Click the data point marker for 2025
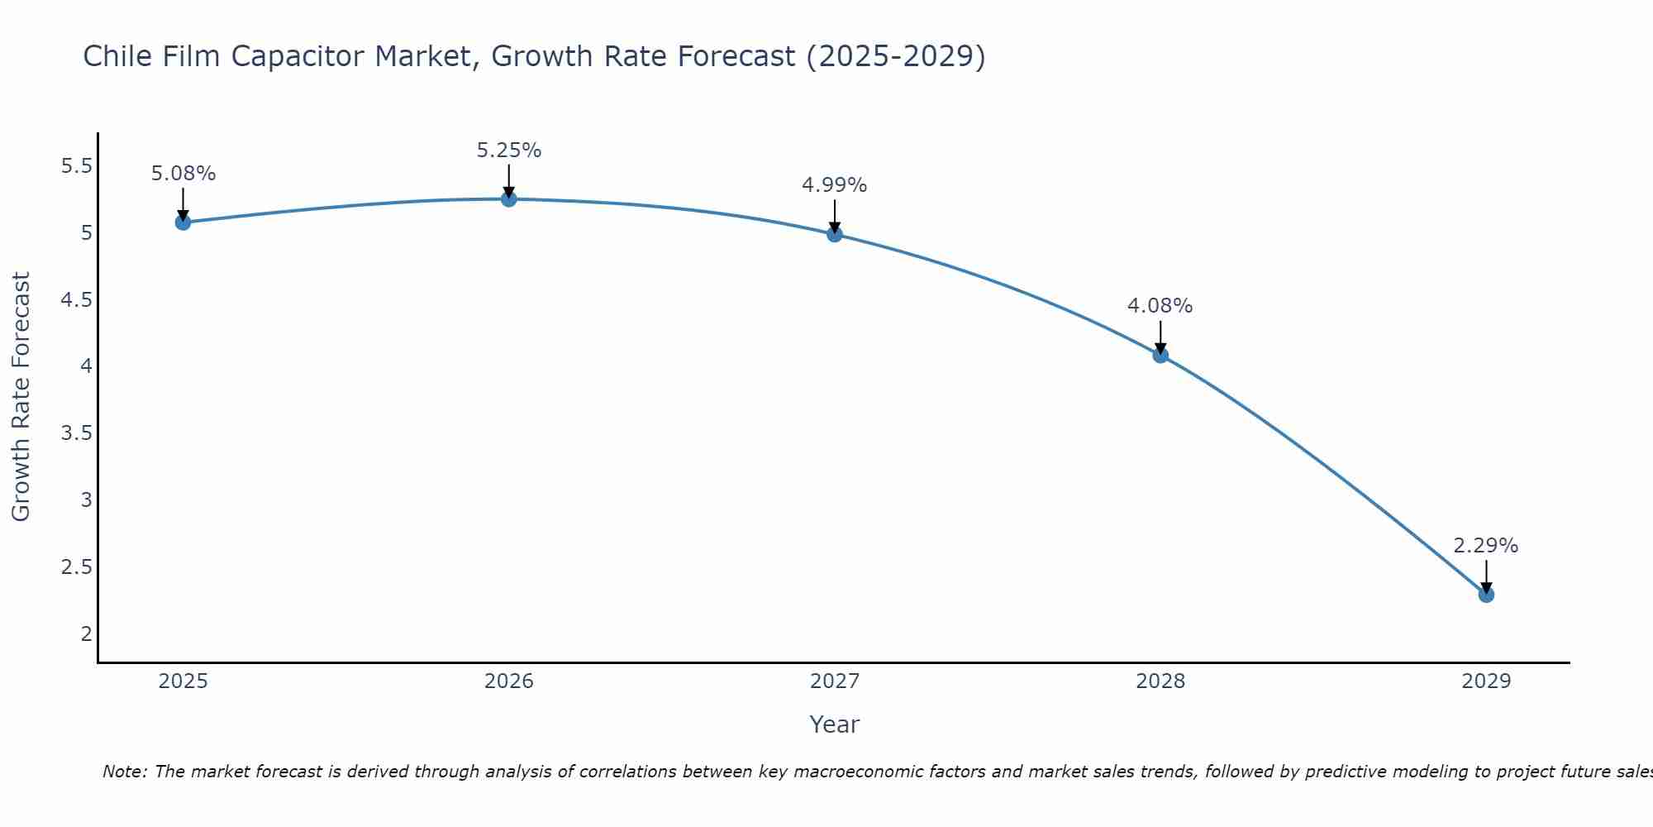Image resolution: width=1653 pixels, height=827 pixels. coord(183,222)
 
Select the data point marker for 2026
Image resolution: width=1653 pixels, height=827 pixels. coord(508,199)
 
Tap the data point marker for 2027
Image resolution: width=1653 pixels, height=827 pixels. coord(834,234)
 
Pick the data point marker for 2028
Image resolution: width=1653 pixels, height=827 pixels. coord(1160,356)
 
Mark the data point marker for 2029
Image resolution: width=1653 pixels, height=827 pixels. coord(1485,595)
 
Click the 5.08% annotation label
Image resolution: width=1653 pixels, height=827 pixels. coord(183,174)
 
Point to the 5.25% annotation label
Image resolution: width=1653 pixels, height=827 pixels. coord(508,151)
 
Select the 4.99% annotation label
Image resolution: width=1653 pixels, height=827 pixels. coord(834,185)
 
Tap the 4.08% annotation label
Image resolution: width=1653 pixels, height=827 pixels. coord(1160,306)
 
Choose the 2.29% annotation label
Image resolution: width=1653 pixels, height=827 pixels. coord(1485,546)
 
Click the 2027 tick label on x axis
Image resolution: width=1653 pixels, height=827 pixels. coord(834,681)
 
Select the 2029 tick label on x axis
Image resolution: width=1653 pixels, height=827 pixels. coord(1485,681)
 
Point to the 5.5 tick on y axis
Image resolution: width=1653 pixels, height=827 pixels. coord(76,166)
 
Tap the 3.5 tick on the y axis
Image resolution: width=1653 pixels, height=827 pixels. coord(76,433)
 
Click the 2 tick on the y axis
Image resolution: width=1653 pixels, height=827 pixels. coord(86,634)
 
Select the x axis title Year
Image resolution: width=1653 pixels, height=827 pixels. coord(834,724)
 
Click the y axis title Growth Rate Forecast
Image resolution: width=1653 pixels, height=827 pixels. coord(21,397)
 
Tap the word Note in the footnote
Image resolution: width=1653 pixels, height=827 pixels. coord(123,772)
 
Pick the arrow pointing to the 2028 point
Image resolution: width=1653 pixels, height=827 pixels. coord(1160,336)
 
